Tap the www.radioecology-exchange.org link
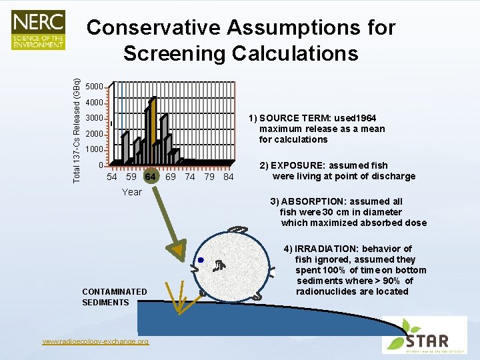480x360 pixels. [x=95, y=341]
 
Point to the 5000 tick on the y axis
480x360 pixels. [x=94, y=87]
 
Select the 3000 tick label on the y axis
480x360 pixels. [x=94, y=118]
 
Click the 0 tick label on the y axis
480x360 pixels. [x=100, y=165]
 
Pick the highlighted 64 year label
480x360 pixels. [x=151, y=177]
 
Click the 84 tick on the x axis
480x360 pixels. [x=229, y=177]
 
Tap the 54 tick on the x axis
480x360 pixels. [x=112, y=177]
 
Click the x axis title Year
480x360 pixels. [x=131, y=192]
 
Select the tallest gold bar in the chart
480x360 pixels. [x=153, y=130]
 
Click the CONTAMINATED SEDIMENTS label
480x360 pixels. [x=114, y=297]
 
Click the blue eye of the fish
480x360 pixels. [x=200, y=260]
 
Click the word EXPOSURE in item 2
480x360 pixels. [x=297, y=165]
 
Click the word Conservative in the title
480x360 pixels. [x=153, y=28]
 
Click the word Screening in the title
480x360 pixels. [x=174, y=53]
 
